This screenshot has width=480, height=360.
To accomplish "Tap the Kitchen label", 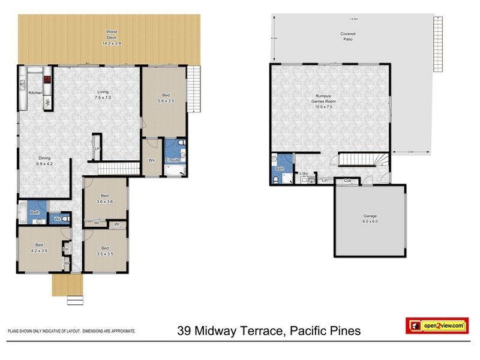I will pyautogui.click(x=35, y=93).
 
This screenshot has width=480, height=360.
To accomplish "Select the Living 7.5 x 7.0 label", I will pyautogui.click(x=104, y=95).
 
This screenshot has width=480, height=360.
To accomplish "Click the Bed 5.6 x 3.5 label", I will pyautogui.click(x=165, y=98).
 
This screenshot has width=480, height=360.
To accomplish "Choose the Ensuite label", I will pyautogui.click(x=173, y=161).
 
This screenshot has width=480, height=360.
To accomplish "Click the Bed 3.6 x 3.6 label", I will pyautogui.click(x=105, y=199).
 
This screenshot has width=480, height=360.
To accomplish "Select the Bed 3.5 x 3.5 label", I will pyautogui.click(x=105, y=251).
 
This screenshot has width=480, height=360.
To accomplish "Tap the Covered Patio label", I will pyautogui.click(x=347, y=36).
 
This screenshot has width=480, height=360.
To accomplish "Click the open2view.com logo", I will pyautogui.click(x=436, y=326).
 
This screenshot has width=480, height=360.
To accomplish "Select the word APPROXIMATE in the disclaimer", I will pyautogui.click(x=122, y=331).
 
